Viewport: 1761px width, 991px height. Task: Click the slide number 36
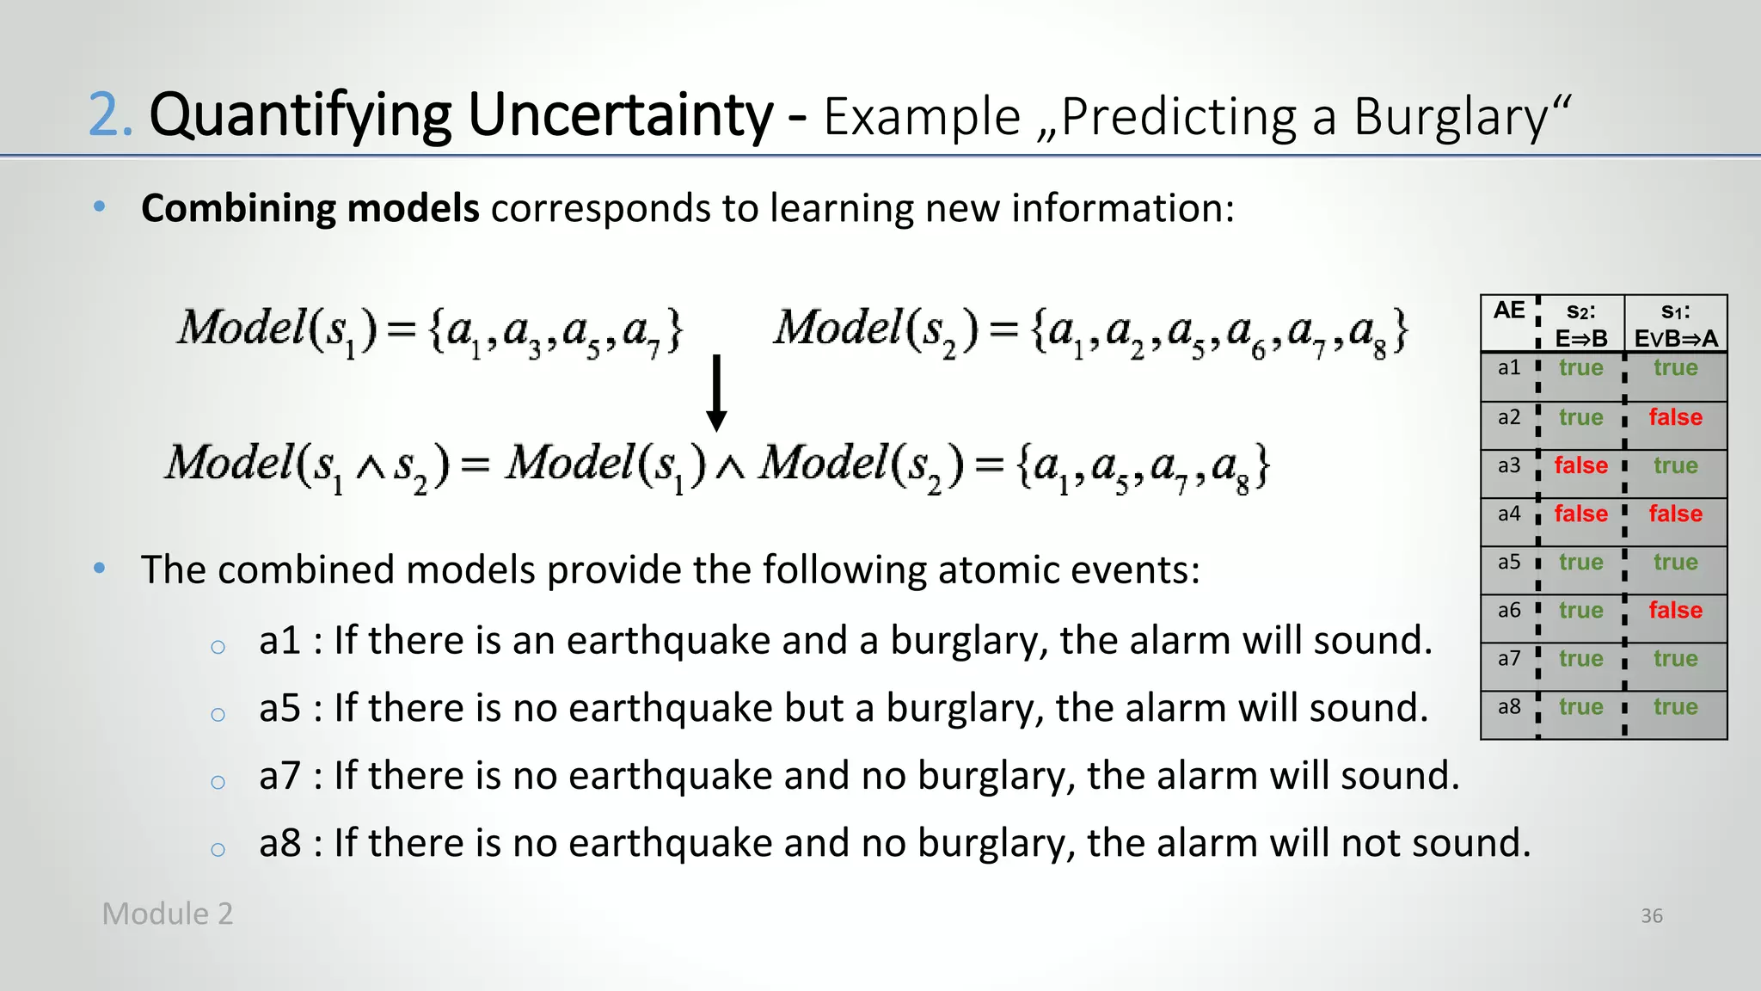coord(1651,916)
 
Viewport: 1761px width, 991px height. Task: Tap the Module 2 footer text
coord(168,914)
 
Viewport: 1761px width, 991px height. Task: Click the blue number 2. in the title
coord(111,115)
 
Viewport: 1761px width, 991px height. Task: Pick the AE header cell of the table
coord(1509,311)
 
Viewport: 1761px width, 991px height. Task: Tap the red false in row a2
coord(1675,418)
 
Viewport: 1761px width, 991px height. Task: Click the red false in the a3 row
coord(1580,466)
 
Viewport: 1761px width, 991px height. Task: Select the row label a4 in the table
coord(1509,514)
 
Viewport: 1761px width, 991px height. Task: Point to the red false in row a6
coord(1675,611)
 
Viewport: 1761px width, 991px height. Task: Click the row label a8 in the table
coord(1509,707)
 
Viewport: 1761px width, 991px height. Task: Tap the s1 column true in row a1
coord(1675,369)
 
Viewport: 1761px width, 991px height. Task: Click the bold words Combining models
coord(310,208)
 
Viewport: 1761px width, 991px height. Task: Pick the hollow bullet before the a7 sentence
coord(218,782)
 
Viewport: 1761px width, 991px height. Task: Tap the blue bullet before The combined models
coord(100,569)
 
